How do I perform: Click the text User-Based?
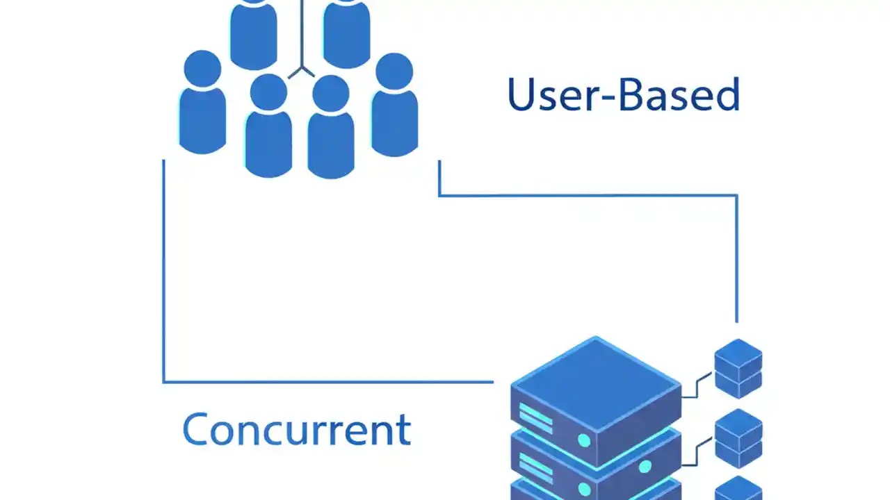pos(623,95)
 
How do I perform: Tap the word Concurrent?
pos(296,429)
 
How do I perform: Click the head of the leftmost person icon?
pos(202,69)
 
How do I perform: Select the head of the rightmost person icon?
pos(394,71)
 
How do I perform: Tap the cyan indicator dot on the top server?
pos(584,440)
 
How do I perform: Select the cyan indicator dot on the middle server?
pos(645,467)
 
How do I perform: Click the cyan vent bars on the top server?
pos(535,419)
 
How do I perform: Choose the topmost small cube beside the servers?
pos(738,368)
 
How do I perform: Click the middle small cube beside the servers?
pos(738,437)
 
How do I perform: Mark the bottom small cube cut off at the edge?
pos(738,489)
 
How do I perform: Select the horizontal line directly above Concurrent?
pos(327,382)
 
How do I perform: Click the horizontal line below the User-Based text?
pos(588,196)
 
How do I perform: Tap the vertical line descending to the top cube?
pos(736,264)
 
